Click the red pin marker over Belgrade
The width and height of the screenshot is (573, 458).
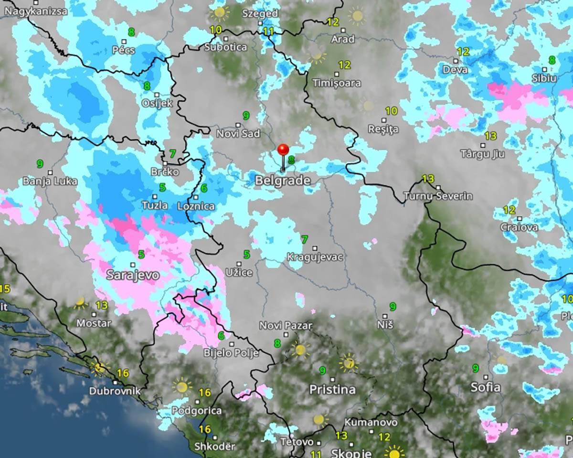click(283, 150)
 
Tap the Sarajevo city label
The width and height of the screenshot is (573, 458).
click(132, 276)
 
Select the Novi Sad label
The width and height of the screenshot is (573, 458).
click(238, 134)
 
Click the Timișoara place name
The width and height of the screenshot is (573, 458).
click(336, 83)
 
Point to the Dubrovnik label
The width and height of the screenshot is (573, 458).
click(115, 391)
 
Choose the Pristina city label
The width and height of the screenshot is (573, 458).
click(332, 389)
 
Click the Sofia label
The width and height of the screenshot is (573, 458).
click(486, 387)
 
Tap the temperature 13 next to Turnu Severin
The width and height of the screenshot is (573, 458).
click(428, 179)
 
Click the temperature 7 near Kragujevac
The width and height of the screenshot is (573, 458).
click(304, 239)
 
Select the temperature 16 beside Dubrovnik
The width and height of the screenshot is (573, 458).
click(123, 373)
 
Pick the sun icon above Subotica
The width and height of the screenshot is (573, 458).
click(219, 12)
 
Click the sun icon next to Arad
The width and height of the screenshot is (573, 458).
click(356, 16)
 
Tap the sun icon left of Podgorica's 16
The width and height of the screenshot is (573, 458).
click(181, 386)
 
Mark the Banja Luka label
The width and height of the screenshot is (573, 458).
click(46, 181)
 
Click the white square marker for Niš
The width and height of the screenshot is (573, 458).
click(385, 316)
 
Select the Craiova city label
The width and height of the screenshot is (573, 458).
click(519, 227)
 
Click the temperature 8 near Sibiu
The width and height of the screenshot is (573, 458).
click(552, 60)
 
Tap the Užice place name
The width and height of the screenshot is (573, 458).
click(239, 273)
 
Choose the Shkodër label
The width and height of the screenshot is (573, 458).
click(215, 447)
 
